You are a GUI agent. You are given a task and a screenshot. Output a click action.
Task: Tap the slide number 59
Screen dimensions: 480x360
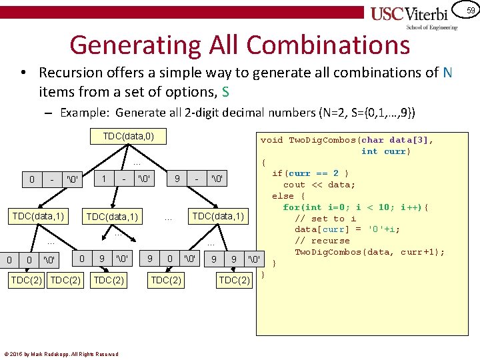click(x=471, y=10)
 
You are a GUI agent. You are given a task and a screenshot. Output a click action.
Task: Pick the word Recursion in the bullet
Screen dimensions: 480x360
click(x=71, y=72)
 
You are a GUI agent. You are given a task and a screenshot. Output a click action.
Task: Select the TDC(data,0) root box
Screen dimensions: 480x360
click(x=129, y=137)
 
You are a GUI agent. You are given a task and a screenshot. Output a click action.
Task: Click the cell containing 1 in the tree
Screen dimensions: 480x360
click(x=104, y=179)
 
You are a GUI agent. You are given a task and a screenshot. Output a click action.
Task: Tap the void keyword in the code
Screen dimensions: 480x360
click(x=271, y=140)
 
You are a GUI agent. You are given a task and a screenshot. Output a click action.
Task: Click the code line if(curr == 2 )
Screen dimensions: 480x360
click(x=310, y=173)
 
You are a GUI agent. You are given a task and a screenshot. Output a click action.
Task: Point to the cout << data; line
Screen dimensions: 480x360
click(x=319, y=185)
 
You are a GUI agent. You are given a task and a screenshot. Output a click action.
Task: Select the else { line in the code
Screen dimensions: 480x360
click(x=288, y=196)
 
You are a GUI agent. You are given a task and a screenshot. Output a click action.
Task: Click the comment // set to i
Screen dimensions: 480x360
click(x=325, y=218)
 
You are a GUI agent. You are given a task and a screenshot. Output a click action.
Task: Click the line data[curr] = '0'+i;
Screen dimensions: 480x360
click(x=347, y=229)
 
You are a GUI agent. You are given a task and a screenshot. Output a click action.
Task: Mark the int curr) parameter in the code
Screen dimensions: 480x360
click(x=386, y=151)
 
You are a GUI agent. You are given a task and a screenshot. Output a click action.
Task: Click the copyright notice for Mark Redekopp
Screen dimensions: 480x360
click(x=61, y=354)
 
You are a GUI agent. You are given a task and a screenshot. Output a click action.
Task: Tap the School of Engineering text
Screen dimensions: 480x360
click(x=432, y=27)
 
